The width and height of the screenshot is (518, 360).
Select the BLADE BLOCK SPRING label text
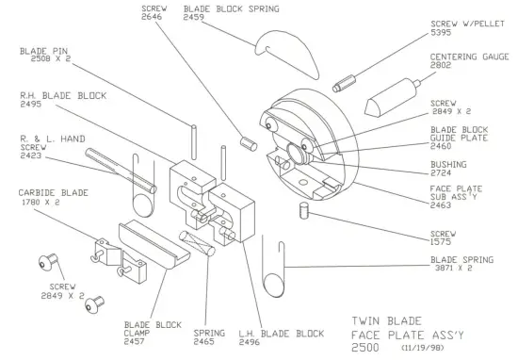[x=224, y=8]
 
